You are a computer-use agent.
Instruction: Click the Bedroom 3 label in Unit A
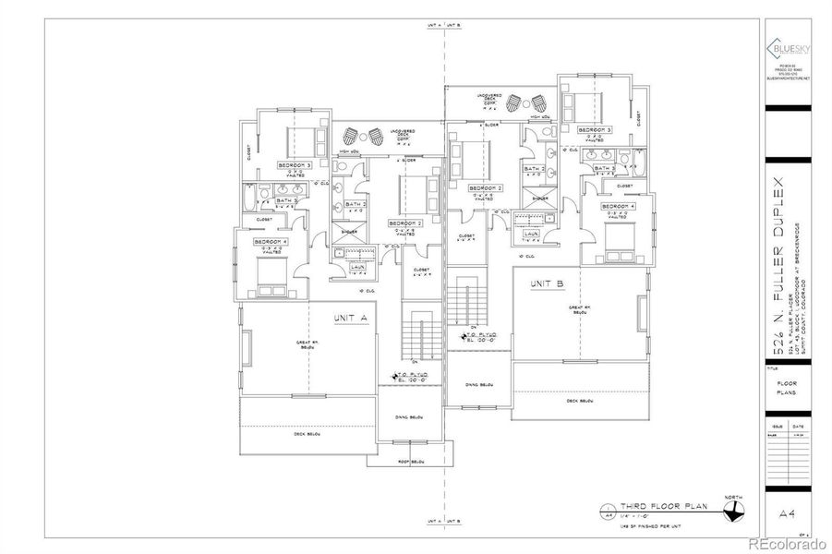pyautogui.click(x=295, y=165)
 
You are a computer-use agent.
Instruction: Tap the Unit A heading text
pyautogui.click(x=351, y=318)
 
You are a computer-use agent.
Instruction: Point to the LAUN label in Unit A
pyautogui.click(x=355, y=267)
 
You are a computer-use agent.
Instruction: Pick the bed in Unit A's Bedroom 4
pyautogui.click(x=271, y=271)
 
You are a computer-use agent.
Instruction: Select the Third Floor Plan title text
pyautogui.click(x=652, y=507)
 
